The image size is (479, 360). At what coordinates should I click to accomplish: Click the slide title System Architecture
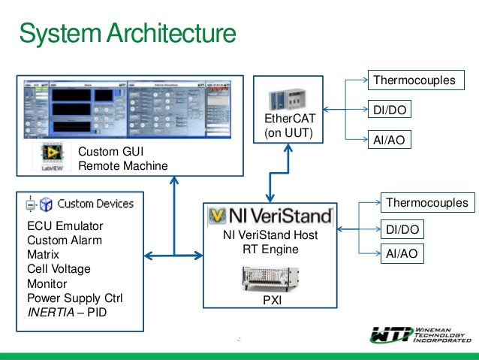click(127, 34)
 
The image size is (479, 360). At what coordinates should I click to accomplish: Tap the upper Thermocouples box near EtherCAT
click(414, 80)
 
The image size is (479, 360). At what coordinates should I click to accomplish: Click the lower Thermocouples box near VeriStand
click(426, 202)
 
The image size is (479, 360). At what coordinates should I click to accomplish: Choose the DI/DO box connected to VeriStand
click(402, 228)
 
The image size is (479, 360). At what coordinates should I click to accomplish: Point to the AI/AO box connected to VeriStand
click(401, 255)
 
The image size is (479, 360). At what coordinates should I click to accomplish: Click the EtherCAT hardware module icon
click(289, 98)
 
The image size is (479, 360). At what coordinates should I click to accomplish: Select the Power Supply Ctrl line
click(74, 298)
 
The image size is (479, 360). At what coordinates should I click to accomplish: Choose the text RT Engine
click(270, 250)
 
